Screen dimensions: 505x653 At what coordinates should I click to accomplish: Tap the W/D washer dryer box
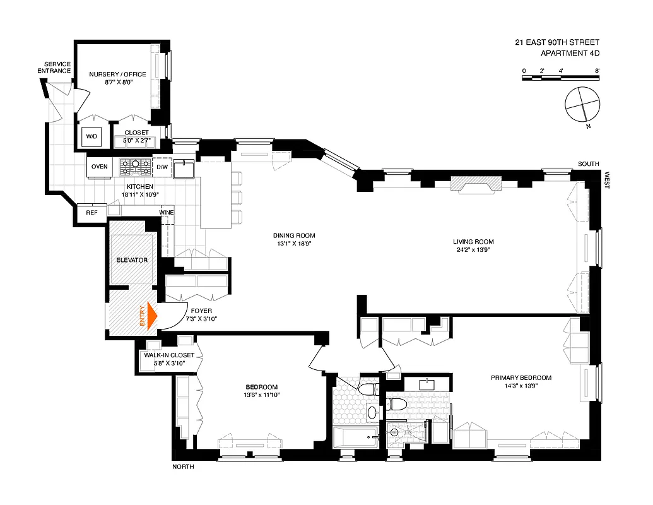tap(91, 136)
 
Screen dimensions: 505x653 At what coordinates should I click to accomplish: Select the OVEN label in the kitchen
tap(100, 167)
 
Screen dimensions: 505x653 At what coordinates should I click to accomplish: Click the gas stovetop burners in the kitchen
tap(135, 167)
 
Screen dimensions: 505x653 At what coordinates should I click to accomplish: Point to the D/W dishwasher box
tap(162, 167)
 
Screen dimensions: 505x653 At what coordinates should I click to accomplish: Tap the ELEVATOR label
tap(132, 260)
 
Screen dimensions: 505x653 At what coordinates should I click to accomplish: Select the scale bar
tap(560, 78)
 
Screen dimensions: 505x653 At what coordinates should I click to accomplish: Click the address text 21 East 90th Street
tap(556, 43)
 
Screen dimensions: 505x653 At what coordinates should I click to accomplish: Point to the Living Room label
tap(473, 242)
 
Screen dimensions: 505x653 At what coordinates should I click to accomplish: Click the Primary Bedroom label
tap(521, 378)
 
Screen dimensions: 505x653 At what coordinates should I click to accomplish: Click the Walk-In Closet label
tap(169, 355)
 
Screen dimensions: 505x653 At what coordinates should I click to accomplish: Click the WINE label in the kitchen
tap(166, 213)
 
